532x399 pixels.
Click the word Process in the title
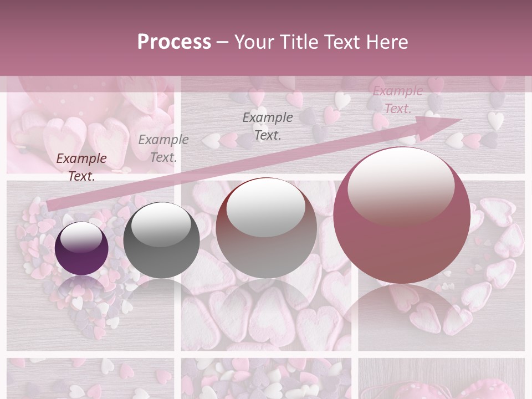pos(174,42)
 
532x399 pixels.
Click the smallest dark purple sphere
pos(82,248)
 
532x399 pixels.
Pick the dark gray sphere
pos(161,241)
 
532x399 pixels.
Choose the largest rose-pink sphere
pos(402,215)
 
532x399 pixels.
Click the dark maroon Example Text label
pos(81,167)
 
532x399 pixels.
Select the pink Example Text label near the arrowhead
pos(397,100)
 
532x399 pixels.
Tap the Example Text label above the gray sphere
pos(163,148)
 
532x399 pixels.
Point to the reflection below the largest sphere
pos(402,310)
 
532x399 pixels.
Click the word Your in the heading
pos(254,42)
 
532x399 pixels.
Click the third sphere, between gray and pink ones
pos(266,228)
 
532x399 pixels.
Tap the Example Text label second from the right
pos(268,126)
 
